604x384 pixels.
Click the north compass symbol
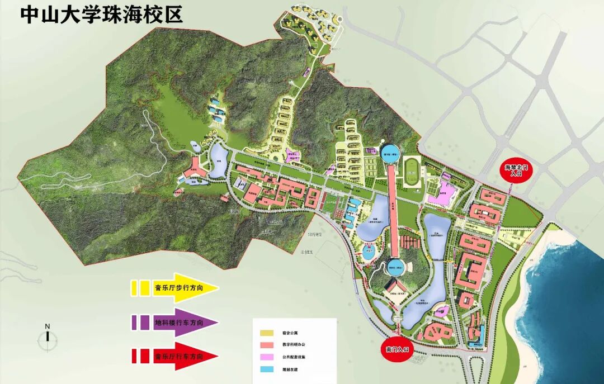(x=48, y=337)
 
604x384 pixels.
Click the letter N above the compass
(x=48, y=326)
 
